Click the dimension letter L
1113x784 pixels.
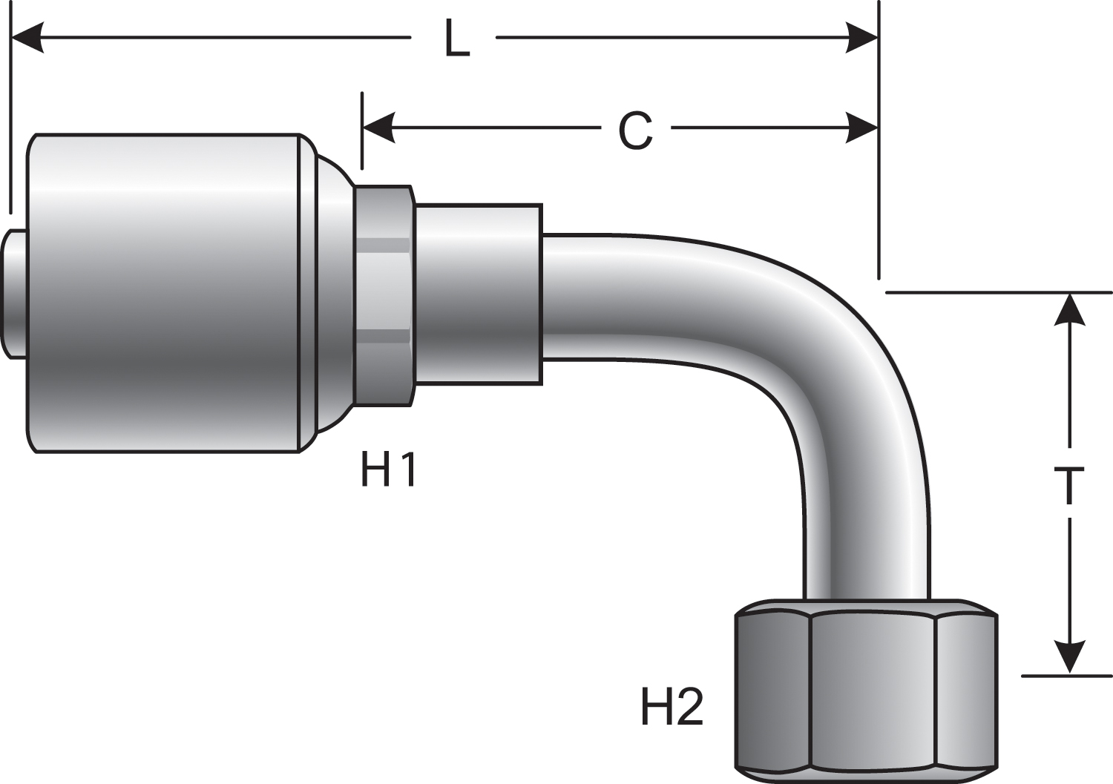point(457,39)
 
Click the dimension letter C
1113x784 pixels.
point(635,131)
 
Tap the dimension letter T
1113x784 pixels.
point(1069,486)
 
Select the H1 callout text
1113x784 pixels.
point(389,470)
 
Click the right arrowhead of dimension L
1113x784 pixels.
point(862,37)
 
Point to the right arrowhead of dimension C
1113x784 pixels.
point(862,128)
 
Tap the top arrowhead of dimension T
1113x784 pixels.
point(1069,310)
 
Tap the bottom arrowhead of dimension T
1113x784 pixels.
point(1069,657)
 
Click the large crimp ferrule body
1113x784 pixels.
point(163,293)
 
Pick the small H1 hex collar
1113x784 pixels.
point(383,295)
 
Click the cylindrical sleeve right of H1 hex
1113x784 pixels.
point(479,294)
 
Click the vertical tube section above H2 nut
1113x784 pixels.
point(866,534)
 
